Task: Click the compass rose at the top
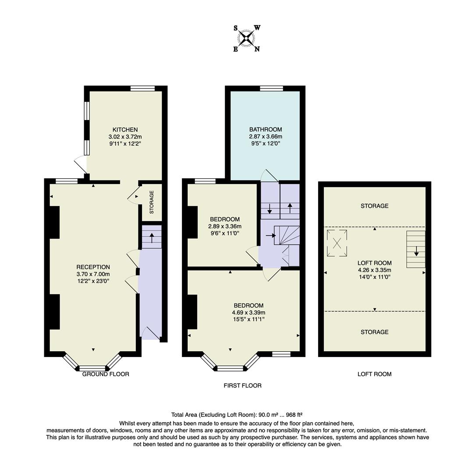pyautogui.click(x=247, y=38)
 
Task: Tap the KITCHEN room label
pyautogui.click(x=125, y=130)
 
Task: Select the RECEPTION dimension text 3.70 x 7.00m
pyautogui.click(x=93, y=274)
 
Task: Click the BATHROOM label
pyautogui.click(x=266, y=129)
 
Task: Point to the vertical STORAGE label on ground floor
pyautogui.click(x=152, y=202)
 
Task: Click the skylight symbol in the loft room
pyautogui.click(x=337, y=243)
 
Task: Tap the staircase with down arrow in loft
pyautogui.click(x=416, y=249)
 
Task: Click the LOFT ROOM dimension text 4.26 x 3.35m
pyautogui.click(x=374, y=270)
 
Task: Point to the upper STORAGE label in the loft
pyautogui.click(x=374, y=206)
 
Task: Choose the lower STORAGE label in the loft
pyautogui.click(x=374, y=332)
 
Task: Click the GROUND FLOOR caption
pyautogui.click(x=106, y=374)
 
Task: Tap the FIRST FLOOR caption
pyautogui.click(x=242, y=385)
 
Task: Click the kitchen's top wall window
pyautogui.click(x=142, y=88)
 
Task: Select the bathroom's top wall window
pyautogui.click(x=271, y=88)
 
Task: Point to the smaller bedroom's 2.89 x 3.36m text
pyautogui.click(x=225, y=226)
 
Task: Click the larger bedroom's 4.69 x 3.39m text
pyautogui.click(x=248, y=313)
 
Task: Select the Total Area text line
pyautogui.click(x=237, y=414)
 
